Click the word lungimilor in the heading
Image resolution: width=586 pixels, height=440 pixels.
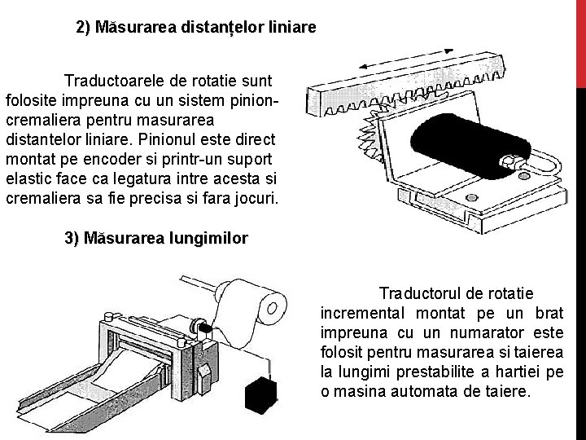pyautogui.click(x=209, y=239)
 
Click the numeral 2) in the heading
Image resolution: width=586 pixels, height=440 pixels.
pyautogui.click(x=83, y=27)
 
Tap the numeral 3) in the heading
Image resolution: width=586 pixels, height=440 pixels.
pyautogui.click(x=71, y=239)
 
